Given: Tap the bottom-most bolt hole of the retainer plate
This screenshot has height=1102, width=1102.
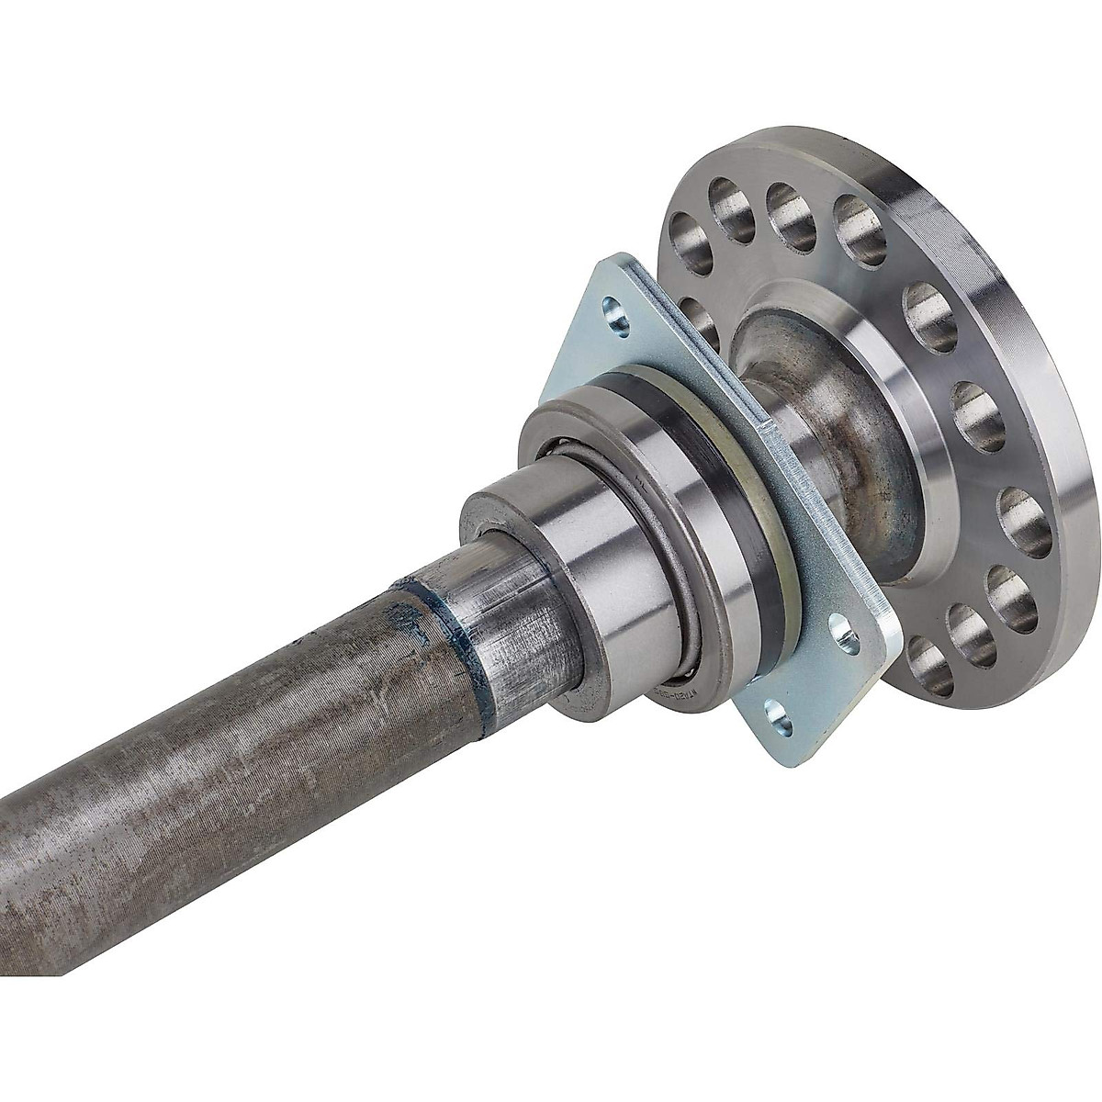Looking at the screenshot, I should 777,718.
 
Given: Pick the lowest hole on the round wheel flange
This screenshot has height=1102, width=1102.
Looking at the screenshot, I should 928,663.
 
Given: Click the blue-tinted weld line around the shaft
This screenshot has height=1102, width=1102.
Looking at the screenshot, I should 459,634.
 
